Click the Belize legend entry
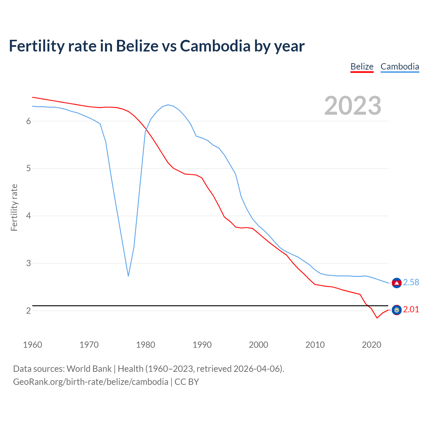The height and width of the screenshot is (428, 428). pos(362,67)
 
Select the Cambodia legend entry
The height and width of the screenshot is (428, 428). pos(400,67)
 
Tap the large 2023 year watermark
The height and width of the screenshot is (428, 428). pos(353,106)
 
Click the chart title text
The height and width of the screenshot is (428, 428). pos(156,46)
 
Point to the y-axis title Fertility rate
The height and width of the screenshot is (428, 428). pos(14,207)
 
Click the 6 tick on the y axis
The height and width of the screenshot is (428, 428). pos(28,121)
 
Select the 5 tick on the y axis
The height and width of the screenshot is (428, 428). pos(28,169)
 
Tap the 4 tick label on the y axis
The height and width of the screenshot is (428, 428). pos(28,216)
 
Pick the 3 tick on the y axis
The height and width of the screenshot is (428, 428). pos(28,263)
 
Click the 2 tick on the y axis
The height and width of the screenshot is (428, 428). pos(28,311)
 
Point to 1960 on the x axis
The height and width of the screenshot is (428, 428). pos(32,345)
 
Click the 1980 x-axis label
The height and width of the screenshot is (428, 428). pos(145,345)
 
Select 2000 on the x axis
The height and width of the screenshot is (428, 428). pos(258,345)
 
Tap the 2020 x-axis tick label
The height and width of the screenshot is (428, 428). pos(371,345)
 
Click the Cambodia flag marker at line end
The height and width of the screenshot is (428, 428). pos(397,283)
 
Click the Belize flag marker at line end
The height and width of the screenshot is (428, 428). pos(397,310)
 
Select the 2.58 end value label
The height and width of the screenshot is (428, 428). pos(411,283)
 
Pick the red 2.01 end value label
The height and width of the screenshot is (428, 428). pos(411,310)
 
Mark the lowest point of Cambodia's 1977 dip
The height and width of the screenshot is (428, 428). pos(128,276)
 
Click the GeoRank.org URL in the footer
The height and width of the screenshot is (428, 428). pos(91,382)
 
